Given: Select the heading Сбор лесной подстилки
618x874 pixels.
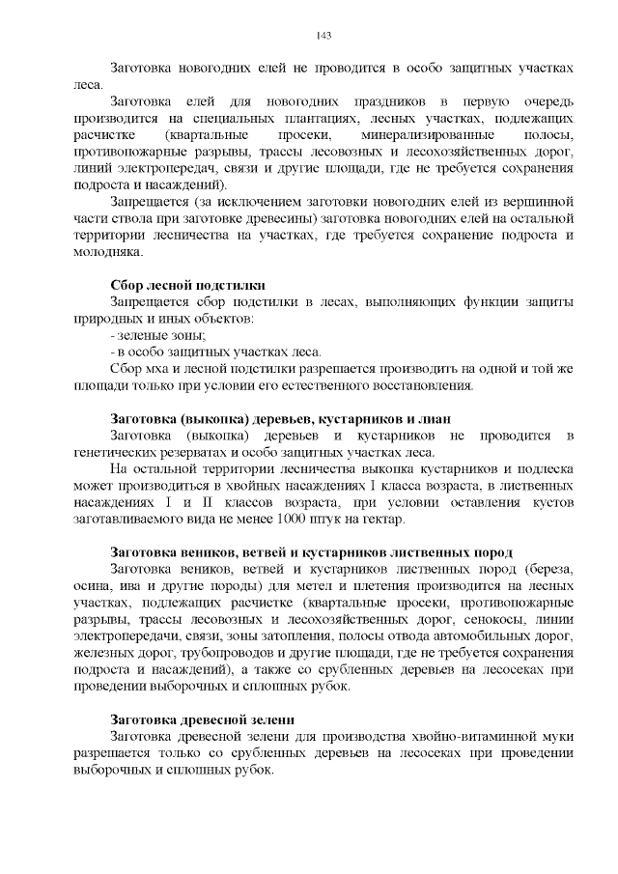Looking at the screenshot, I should pos(188,285).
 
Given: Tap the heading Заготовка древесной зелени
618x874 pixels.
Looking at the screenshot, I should pos(203,720).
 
